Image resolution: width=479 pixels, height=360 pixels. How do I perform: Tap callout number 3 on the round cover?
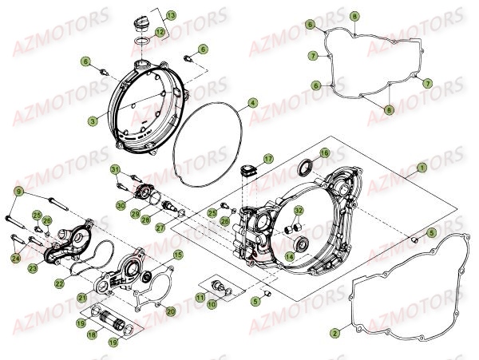tap(93, 121)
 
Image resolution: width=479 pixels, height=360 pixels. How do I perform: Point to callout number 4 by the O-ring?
tap(252, 103)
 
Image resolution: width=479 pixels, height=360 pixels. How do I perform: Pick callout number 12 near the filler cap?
tap(160, 31)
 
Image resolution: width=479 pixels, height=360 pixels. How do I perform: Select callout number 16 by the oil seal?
tap(324, 152)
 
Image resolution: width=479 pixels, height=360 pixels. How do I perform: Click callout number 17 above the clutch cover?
tap(269, 158)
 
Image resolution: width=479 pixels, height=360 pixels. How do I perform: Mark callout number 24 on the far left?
tap(15, 258)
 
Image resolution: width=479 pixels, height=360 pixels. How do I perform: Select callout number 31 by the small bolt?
tap(115, 169)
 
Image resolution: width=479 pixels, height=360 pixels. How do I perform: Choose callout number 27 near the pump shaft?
tap(160, 227)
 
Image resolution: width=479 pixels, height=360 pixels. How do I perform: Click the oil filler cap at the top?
tap(142, 18)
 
